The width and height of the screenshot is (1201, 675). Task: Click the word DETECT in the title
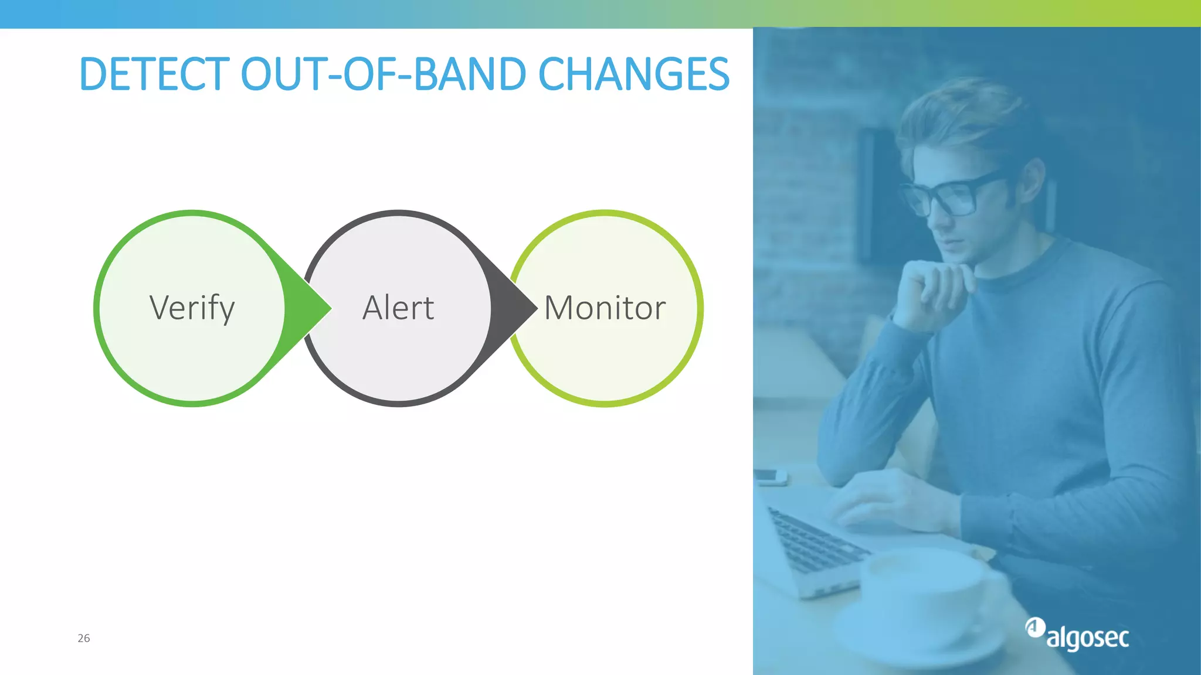(154, 74)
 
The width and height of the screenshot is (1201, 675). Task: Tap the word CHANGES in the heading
(633, 74)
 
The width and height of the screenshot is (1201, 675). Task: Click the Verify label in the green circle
(192, 308)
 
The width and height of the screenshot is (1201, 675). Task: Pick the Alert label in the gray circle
(398, 308)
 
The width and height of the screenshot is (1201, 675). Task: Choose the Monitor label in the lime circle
(605, 308)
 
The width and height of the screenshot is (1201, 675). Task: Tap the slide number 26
(84, 638)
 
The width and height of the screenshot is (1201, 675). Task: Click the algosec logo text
(1088, 637)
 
